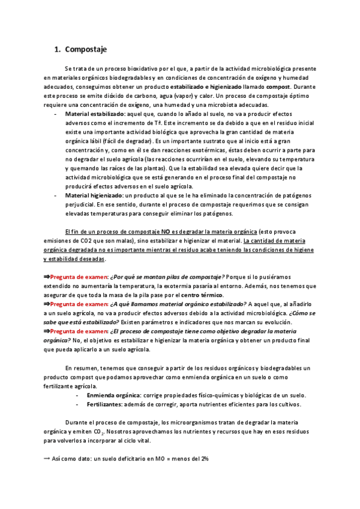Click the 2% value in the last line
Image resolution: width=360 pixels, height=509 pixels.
[x=203, y=458]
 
